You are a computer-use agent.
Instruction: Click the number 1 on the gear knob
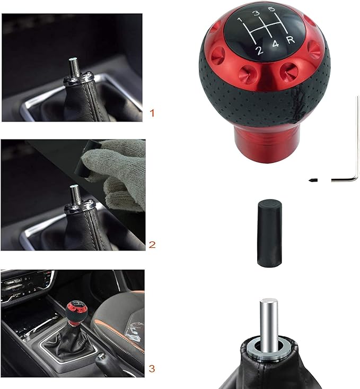[240, 21]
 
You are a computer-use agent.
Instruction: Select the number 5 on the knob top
[271, 9]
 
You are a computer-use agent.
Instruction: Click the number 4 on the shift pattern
[275, 45]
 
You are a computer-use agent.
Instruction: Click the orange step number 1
[153, 113]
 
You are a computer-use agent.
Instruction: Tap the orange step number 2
[153, 245]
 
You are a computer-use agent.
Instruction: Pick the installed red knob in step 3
[74, 313]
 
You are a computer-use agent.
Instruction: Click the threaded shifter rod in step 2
[75, 194]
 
